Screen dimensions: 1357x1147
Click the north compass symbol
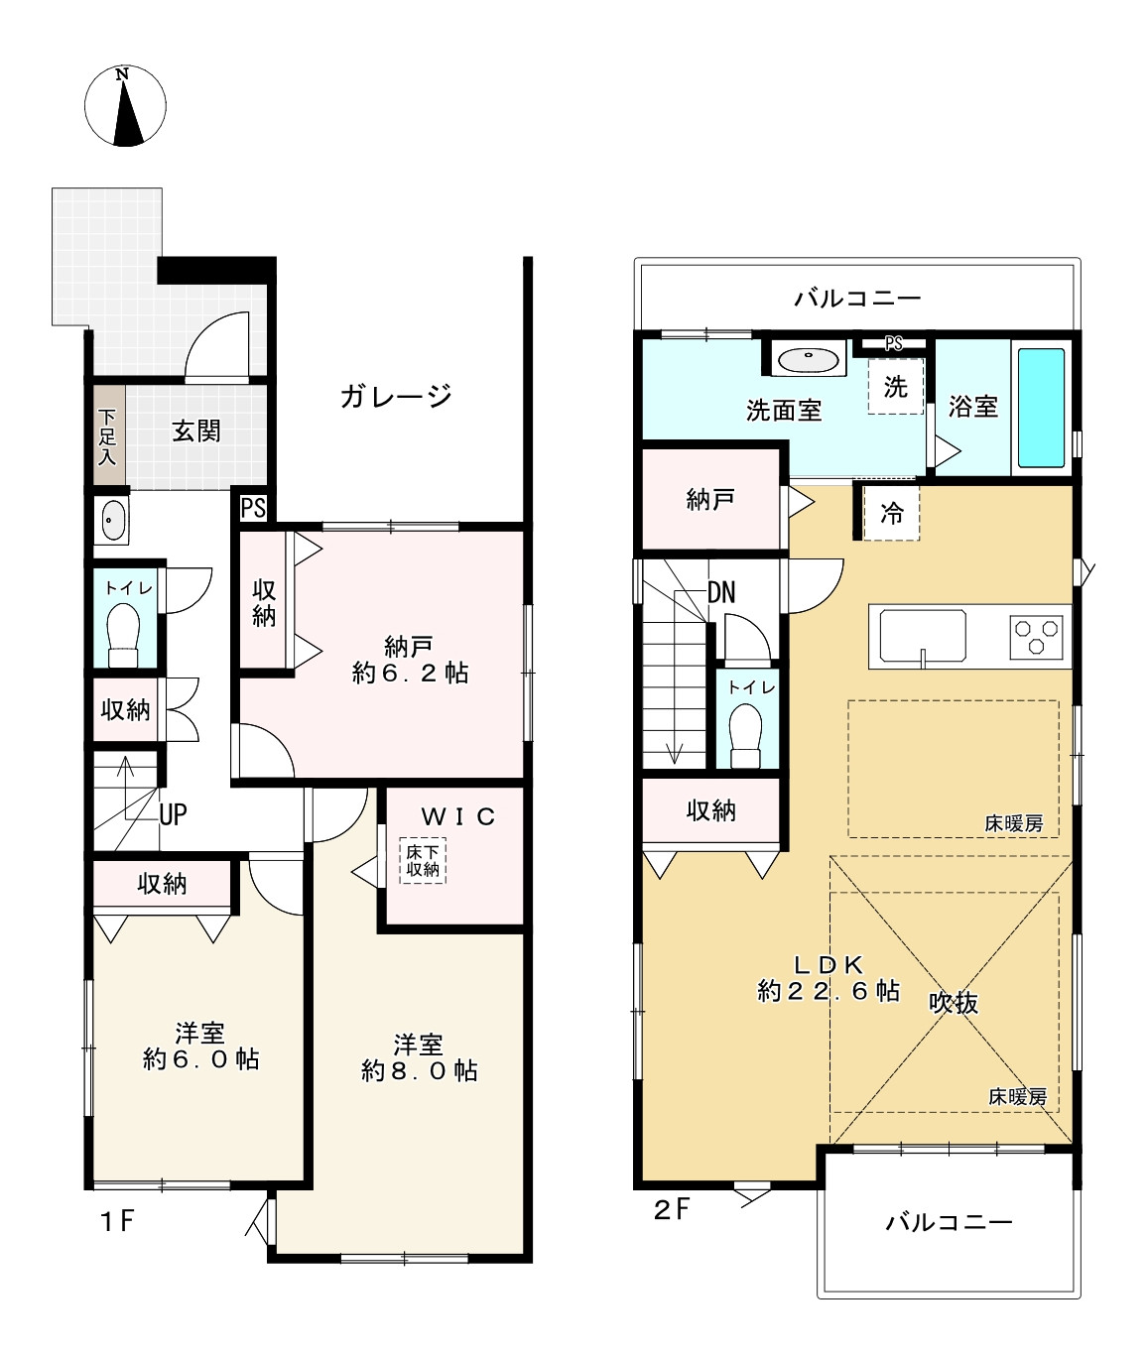(125, 106)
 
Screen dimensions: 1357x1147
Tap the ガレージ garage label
(396, 397)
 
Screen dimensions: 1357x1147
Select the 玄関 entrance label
(196, 432)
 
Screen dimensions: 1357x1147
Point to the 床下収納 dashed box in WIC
(423, 861)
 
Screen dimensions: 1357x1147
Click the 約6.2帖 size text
(410, 674)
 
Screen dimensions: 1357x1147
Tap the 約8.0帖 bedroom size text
(419, 1071)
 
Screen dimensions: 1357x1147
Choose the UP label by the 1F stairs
(173, 814)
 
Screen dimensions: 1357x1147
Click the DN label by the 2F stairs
(721, 592)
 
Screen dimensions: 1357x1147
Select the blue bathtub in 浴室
(1041, 408)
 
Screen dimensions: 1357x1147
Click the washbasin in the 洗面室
(811, 359)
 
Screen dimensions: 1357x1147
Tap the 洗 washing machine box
(896, 387)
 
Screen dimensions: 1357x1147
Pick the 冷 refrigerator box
(891, 513)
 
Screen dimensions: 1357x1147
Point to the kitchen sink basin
(923, 636)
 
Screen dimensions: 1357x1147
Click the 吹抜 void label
(954, 1003)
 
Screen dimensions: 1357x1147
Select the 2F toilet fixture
(746, 735)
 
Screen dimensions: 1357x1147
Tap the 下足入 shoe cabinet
(108, 436)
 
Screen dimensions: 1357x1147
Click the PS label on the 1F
(253, 508)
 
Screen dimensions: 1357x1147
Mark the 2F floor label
(672, 1209)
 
